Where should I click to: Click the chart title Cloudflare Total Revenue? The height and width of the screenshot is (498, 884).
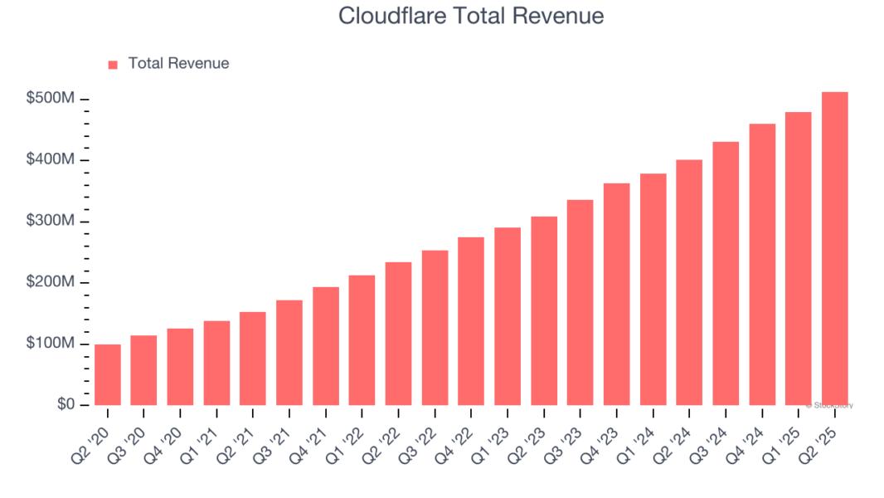(x=471, y=16)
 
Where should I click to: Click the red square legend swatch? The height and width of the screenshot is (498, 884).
(x=113, y=64)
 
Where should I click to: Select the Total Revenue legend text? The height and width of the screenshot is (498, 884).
(x=178, y=63)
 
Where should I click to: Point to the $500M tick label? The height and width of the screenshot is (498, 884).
(x=51, y=99)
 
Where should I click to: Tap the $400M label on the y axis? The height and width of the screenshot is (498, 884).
(x=51, y=159)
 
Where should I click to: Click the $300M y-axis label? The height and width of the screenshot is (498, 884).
(x=51, y=222)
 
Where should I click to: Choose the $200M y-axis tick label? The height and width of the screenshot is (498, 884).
(x=51, y=282)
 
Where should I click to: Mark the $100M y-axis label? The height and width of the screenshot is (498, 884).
(x=51, y=344)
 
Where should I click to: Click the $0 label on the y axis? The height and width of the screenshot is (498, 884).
(x=67, y=404)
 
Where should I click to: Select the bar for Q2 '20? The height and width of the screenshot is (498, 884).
(x=108, y=375)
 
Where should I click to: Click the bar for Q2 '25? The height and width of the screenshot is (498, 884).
(x=834, y=249)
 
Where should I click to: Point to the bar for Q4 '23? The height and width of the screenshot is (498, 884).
(x=616, y=295)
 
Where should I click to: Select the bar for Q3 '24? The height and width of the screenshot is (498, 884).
(x=726, y=274)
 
